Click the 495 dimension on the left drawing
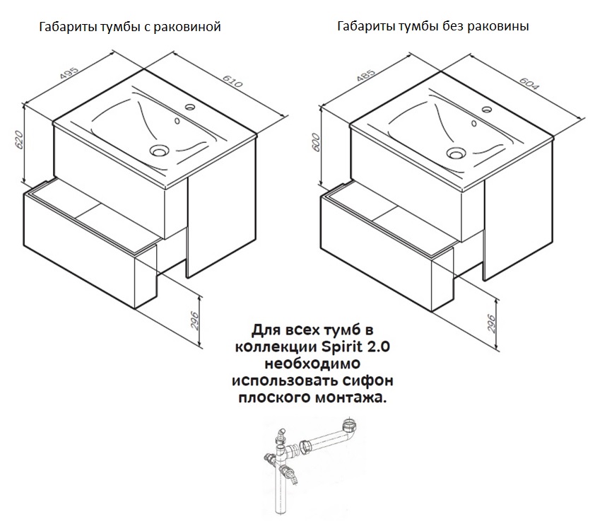point(70,74)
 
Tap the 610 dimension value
point(232,81)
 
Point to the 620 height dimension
point(19,139)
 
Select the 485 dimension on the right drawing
point(366,75)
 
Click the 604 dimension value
point(529,83)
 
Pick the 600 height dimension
point(316,142)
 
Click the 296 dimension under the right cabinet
point(491,324)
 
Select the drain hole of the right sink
point(456,153)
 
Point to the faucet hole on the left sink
point(189,106)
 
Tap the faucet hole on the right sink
point(486,109)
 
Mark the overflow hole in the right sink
point(474,124)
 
